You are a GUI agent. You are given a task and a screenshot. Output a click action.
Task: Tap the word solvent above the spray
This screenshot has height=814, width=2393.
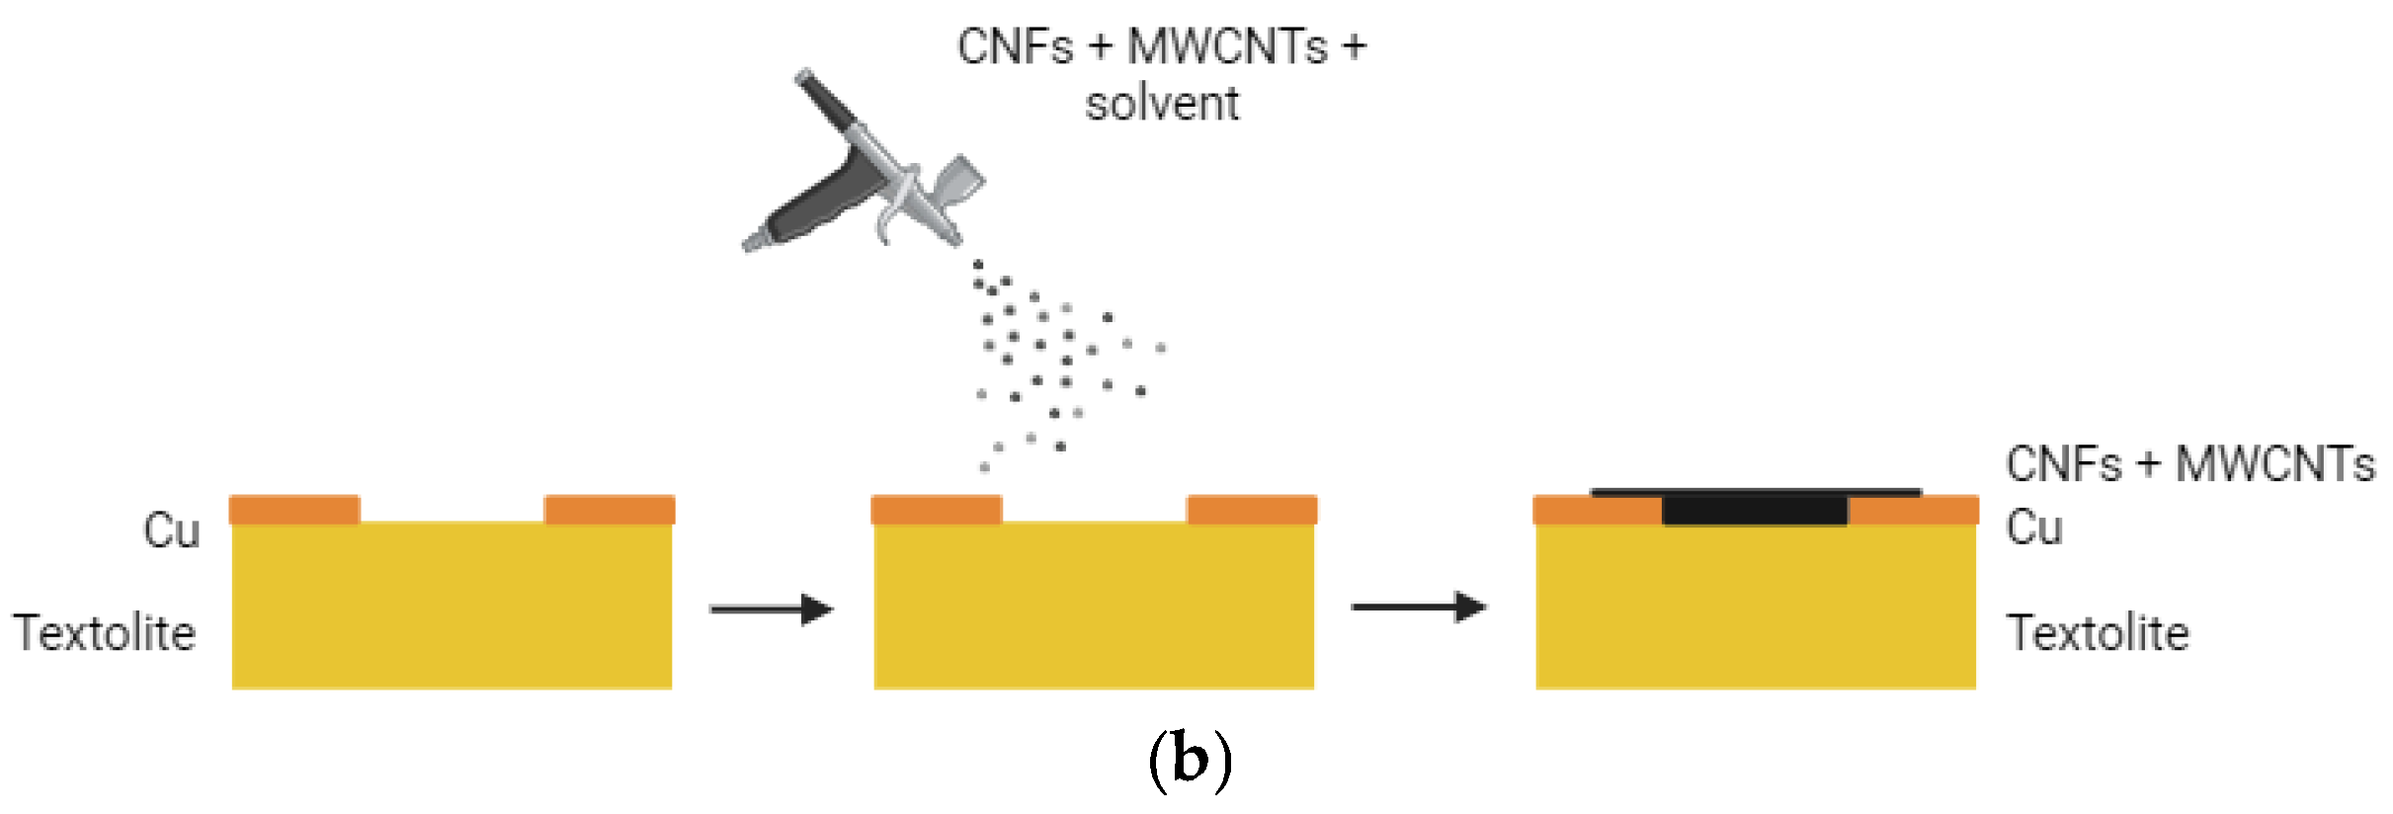[x=1162, y=104]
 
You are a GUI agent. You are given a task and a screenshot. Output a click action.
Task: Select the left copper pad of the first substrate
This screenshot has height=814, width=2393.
[x=294, y=510]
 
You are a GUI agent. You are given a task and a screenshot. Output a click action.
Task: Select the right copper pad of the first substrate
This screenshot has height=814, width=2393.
[x=610, y=510]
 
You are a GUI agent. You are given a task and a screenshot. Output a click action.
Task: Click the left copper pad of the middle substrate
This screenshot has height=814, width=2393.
[x=936, y=510]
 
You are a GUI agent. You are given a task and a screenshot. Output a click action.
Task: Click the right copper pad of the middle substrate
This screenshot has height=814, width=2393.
[x=1252, y=510]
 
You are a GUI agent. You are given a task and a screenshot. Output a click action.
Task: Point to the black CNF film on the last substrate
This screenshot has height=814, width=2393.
[x=1755, y=508]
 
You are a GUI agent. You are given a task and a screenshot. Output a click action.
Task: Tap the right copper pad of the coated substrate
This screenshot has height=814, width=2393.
[x=1915, y=511]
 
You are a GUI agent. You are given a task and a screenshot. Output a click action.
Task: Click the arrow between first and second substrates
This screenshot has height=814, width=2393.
[x=772, y=610]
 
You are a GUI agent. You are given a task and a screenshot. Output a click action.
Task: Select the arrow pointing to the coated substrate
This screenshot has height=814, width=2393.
[x=1419, y=607]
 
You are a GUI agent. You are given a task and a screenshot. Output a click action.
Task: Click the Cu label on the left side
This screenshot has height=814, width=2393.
[x=172, y=530]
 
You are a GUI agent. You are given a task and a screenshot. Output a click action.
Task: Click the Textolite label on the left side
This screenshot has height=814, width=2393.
[x=105, y=633]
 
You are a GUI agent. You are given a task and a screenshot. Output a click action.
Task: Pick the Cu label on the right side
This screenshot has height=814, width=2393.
[x=2034, y=528]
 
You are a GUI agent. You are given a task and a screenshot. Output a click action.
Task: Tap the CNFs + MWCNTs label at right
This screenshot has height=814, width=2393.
[x=2189, y=464]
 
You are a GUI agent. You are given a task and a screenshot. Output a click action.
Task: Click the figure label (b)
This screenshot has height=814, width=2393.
[x=1191, y=759]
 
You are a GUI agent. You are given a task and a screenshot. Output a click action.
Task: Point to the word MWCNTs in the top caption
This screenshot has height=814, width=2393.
[x=1227, y=46]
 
